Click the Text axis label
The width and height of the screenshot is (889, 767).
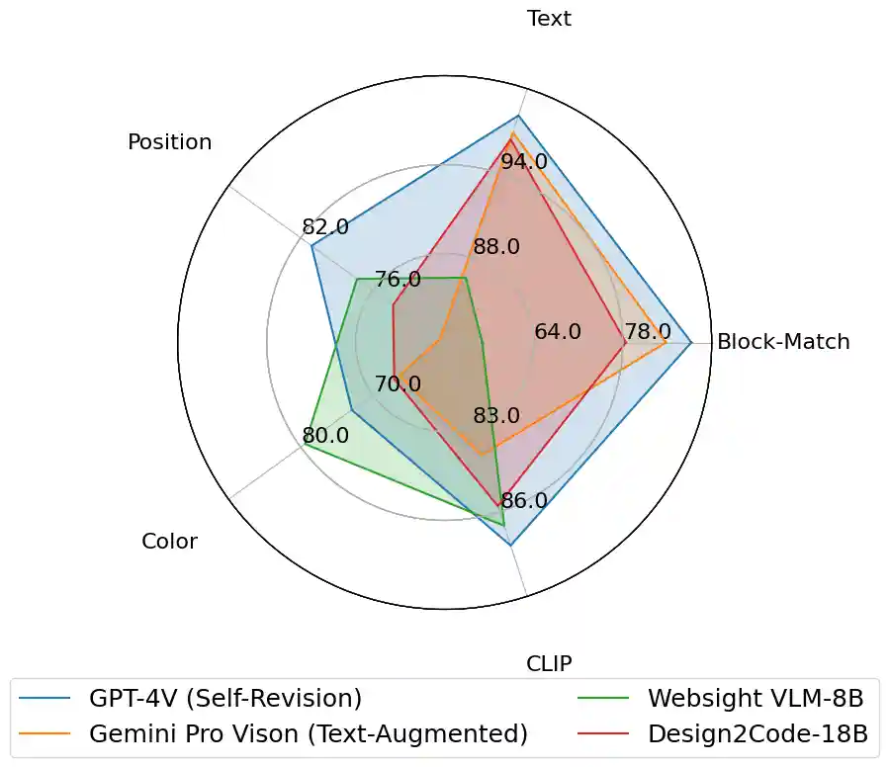click(549, 19)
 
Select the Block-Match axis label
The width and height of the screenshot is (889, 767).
click(783, 342)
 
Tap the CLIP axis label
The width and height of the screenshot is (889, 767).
click(549, 662)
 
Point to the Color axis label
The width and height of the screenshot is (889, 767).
click(169, 541)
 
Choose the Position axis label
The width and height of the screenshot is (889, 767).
click(169, 142)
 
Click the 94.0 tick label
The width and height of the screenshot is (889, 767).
click(524, 161)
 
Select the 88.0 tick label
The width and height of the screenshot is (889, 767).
click(496, 247)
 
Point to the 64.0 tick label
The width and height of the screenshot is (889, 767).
click(558, 332)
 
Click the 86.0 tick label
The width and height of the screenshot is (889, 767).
click(524, 501)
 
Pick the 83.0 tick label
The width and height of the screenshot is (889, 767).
click(496, 415)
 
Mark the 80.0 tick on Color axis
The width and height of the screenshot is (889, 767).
click(325, 435)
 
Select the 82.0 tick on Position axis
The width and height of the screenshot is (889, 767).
click(325, 227)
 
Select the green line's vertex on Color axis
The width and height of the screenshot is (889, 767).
click(305, 445)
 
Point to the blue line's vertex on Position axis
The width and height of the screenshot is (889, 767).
click(311, 246)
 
